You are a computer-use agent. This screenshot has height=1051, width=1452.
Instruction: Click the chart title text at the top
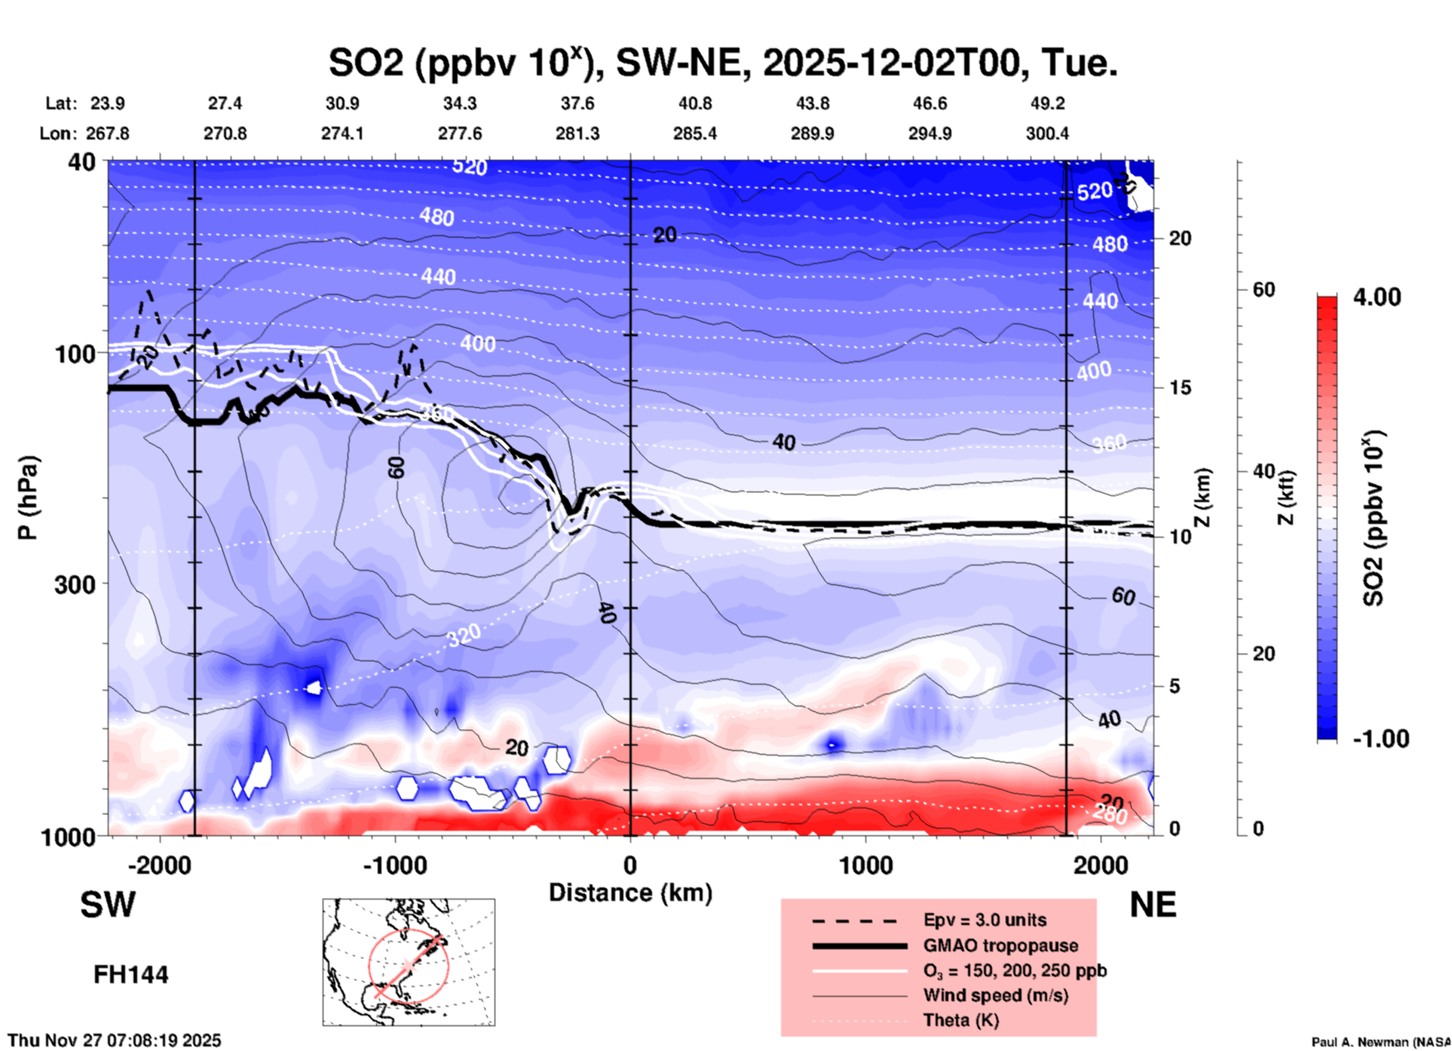coord(722,63)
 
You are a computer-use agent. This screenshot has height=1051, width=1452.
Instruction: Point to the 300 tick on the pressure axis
coord(75,584)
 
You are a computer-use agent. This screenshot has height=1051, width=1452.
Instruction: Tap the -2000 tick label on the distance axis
coord(160,865)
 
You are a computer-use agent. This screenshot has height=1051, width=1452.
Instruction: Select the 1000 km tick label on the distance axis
coord(865,865)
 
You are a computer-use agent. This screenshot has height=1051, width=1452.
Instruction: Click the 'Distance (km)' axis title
coord(630,893)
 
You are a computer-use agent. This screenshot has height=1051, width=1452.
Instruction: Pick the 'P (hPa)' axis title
coord(28,498)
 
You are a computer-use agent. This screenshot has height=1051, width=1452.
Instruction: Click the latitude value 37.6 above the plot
coord(577,103)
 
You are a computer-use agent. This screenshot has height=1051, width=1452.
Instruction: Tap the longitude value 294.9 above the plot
coord(930,133)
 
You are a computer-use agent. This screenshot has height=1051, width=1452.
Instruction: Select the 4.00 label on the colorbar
coord(1377,297)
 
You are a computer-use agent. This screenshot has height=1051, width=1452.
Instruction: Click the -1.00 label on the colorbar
coord(1380,739)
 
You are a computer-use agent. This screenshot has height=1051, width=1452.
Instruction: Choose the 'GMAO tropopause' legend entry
coord(1000,945)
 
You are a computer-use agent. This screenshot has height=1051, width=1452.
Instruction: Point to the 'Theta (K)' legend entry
coord(960,1020)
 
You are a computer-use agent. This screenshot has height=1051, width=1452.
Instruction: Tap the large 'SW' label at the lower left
coord(108,905)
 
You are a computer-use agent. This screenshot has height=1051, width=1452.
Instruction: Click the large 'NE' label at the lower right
coord(1153,905)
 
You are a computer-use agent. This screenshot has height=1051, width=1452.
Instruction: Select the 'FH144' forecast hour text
coord(130,975)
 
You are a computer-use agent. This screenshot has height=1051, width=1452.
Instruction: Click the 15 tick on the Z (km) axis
coord(1180,388)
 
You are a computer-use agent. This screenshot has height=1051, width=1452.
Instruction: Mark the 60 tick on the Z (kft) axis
coord(1264,290)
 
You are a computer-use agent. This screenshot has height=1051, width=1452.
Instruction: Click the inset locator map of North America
coord(409,962)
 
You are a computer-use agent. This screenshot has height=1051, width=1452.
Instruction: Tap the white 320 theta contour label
coord(463,636)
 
